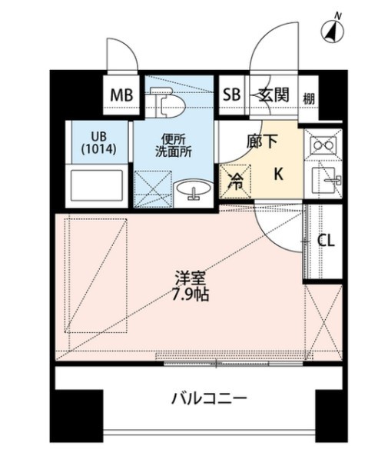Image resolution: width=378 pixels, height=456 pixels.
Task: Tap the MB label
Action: (122, 95)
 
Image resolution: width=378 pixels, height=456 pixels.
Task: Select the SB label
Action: (231, 95)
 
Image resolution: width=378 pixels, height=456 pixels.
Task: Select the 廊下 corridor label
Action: (262, 141)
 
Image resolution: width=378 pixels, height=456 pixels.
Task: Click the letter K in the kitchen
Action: (278, 174)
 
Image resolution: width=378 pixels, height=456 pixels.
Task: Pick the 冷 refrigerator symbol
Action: (237, 182)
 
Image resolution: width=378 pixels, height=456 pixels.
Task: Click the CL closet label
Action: (326, 241)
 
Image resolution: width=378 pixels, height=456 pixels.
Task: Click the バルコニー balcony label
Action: (209, 398)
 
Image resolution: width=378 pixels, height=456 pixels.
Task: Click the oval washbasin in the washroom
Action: (193, 191)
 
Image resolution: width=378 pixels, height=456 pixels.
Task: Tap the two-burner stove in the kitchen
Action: (322, 144)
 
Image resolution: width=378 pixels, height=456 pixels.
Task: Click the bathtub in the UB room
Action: (97, 187)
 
